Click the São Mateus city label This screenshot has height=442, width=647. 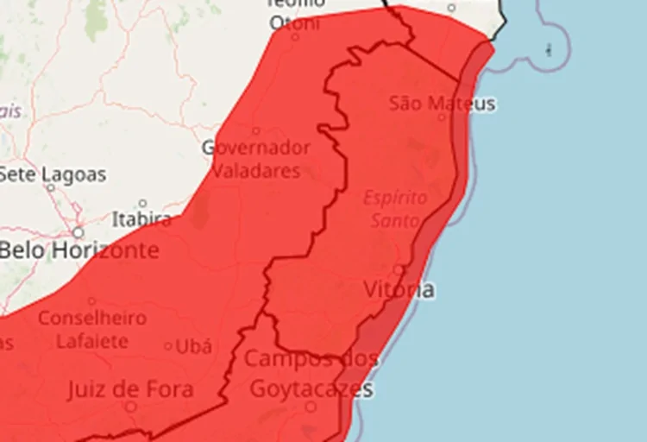coord(443,104)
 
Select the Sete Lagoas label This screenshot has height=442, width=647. coord(53,174)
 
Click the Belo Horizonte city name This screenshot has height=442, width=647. coord(79,251)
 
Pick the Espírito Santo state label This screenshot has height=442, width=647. coord(395,209)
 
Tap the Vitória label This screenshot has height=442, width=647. coord(399,289)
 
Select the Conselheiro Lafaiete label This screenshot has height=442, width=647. coord(91,329)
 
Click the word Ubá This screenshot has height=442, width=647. coord(193,347)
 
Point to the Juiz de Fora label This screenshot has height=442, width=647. coord(129,390)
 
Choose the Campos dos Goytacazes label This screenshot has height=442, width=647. coord(311,374)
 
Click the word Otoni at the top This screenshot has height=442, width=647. coord(294,23)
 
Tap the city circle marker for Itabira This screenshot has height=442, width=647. coord(142,204)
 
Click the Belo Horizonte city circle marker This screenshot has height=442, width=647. coord(78,233)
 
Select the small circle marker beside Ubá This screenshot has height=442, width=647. coord(168,347)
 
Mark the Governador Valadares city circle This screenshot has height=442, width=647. coord(256,131)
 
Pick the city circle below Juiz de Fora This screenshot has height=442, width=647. coord(131,406)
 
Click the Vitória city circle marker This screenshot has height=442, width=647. coord(398,270)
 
